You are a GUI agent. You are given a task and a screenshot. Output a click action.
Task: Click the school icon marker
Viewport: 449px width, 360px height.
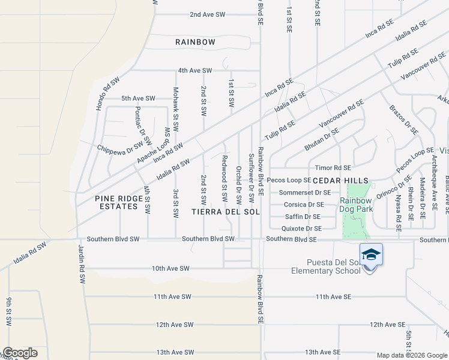click(x=371, y=255)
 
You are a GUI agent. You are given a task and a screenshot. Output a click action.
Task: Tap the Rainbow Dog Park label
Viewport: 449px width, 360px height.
click(x=357, y=205)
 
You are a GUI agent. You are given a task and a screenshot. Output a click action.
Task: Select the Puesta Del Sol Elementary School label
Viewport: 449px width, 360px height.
click(x=325, y=266)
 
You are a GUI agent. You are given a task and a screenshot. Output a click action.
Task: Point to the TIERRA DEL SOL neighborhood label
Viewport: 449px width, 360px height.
click(x=226, y=212)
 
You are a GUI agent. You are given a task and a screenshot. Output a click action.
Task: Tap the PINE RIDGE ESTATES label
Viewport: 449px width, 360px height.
click(x=116, y=202)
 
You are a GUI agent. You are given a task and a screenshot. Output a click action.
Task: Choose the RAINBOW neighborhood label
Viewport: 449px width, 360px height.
click(x=195, y=42)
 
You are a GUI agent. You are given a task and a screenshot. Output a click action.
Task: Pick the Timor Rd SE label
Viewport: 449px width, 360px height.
click(x=333, y=168)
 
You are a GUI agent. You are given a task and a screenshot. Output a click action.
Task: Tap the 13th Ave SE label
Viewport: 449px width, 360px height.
click(x=322, y=352)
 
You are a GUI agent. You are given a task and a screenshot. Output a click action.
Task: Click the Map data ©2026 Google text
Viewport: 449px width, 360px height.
click(x=411, y=355)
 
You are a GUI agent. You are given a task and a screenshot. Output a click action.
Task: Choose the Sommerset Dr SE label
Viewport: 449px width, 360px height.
click(x=305, y=193)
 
